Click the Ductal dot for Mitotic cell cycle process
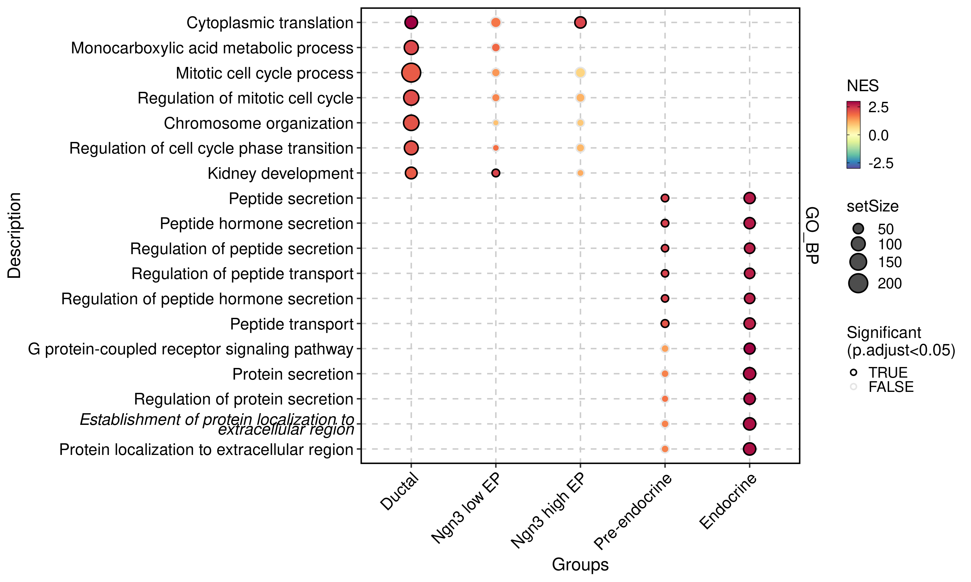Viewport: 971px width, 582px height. (411, 72)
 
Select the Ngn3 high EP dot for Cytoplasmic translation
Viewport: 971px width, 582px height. (580, 22)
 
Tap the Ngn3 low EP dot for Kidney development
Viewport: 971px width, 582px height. (496, 173)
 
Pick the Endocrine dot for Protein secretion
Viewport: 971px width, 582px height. (749, 374)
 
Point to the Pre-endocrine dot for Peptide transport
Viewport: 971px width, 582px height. (664, 324)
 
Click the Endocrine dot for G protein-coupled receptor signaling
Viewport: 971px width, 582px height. (749, 349)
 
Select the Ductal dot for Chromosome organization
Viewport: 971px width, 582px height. (411, 123)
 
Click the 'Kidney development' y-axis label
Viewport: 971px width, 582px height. (280, 173)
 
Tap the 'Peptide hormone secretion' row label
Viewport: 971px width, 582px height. (256, 223)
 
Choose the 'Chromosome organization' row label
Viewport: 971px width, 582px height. (258, 123)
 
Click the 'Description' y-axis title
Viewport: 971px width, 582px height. (14, 235)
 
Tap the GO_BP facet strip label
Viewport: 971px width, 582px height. (812, 235)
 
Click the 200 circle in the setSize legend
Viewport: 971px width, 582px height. (858, 283)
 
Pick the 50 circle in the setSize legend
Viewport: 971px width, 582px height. (858, 229)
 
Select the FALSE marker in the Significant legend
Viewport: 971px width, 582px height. (853, 387)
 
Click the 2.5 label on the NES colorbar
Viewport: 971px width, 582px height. (878, 107)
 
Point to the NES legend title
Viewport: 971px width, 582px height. (862, 85)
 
